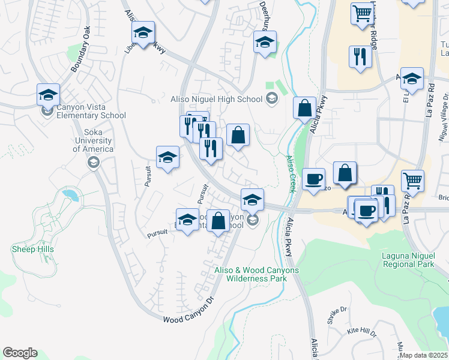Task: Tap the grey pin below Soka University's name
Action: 93,163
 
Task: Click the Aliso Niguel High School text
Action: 217,100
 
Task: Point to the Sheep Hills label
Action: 32,249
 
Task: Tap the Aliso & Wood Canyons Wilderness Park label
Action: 256,274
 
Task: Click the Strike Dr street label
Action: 337,314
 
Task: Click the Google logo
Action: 20,353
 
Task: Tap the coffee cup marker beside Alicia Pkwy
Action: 313,179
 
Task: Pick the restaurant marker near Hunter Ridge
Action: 360,57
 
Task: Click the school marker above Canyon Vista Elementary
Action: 48,94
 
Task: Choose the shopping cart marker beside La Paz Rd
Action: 412,180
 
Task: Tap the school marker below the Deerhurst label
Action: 264,42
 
